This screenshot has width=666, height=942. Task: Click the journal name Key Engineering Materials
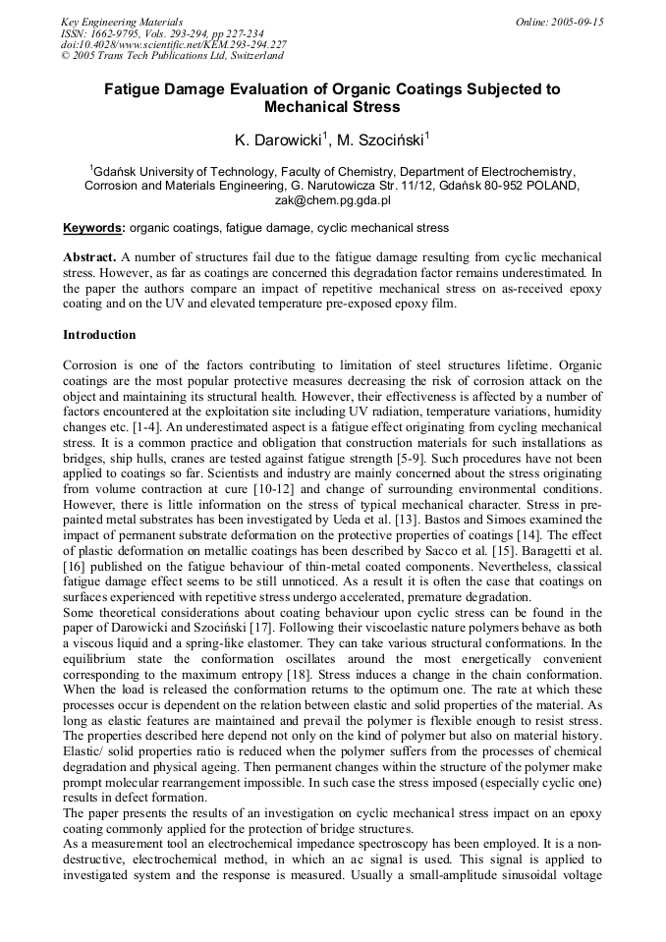(x=121, y=21)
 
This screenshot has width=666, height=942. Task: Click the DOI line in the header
(x=173, y=44)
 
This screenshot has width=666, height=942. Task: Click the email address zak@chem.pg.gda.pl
(x=332, y=199)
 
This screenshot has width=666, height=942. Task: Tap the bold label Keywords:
(x=94, y=228)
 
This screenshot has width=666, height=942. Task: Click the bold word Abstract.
(x=90, y=256)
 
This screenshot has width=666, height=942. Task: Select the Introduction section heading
(x=99, y=335)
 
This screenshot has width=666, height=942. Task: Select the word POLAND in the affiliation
(x=551, y=185)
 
